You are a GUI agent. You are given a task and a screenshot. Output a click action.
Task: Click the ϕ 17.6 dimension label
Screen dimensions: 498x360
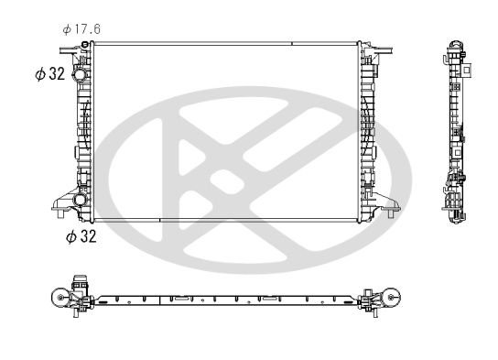point(81,29)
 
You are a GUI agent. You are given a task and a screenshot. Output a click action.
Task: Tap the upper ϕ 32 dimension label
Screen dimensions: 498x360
point(50,73)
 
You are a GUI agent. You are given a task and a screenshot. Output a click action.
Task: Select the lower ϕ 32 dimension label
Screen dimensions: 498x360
point(81,236)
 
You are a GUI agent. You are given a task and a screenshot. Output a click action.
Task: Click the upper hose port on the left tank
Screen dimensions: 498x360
point(79,75)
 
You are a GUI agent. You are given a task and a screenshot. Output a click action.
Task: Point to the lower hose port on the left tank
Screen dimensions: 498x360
point(80,199)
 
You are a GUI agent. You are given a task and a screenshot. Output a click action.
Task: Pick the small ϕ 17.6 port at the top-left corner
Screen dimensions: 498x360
point(85,44)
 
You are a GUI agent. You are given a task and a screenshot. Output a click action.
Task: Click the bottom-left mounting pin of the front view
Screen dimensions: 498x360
point(60,213)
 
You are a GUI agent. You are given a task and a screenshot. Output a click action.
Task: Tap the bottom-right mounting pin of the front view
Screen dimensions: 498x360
point(391,213)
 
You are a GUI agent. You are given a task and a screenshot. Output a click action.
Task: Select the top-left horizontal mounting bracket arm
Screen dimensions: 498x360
point(70,49)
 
